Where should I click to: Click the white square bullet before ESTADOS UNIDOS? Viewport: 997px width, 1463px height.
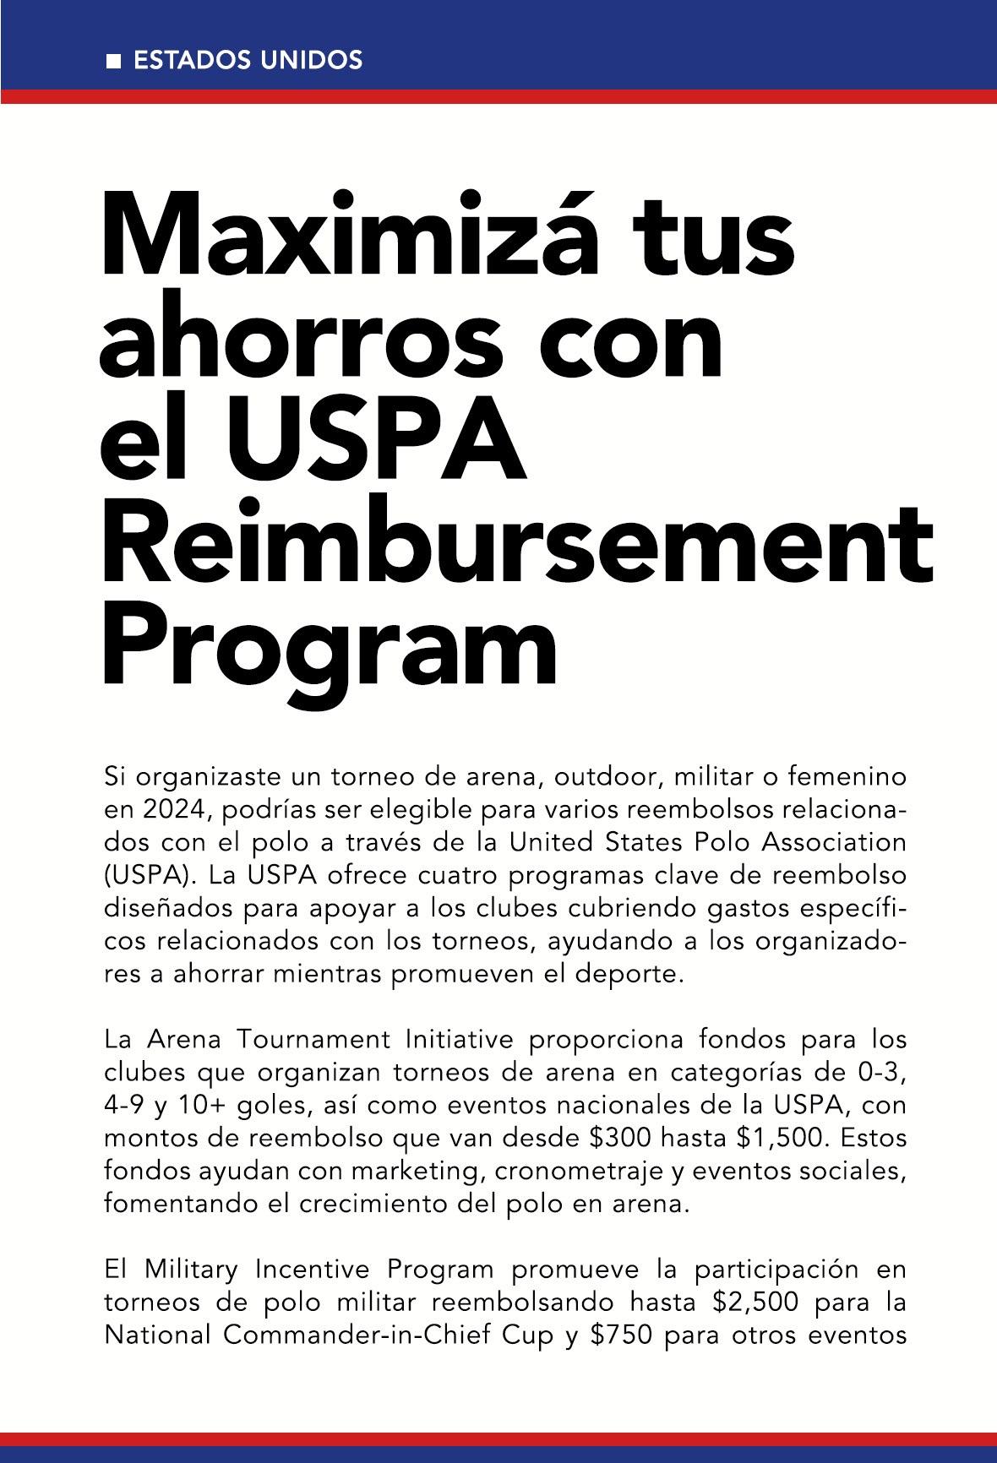coord(113,62)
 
